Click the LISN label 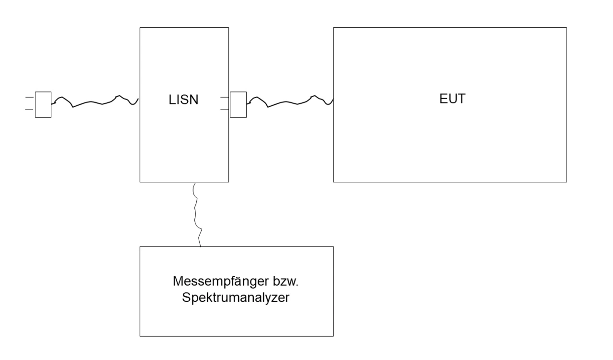(x=184, y=101)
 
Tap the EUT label (x=452, y=99)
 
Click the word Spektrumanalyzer (x=235, y=297)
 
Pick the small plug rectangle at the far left (x=44, y=104)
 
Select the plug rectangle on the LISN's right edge (x=238, y=104)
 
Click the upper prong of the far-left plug (x=30, y=98)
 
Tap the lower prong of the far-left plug (x=30, y=110)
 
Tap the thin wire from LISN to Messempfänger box (x=195, y=215)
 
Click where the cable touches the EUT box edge (x=333, y=100)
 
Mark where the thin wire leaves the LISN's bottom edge (x=194, y=182)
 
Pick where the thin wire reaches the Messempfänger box (x=200, y=246)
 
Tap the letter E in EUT (x=443, y=99)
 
